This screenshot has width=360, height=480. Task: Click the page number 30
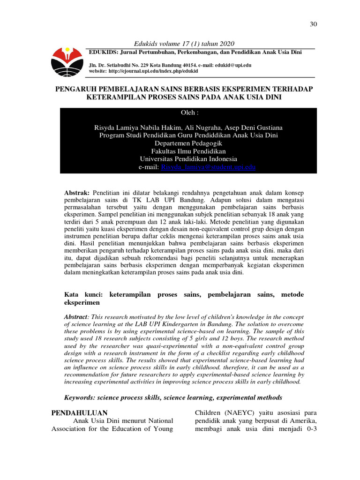[314, 24]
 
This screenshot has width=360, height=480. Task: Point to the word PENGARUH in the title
[78, 89]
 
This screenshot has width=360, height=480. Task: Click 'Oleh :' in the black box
[189, 113]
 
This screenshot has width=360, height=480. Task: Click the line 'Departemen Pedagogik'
[188, 143]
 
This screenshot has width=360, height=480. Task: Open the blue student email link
[208, 167]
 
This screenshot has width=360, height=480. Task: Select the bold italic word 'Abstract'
[75, 317]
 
